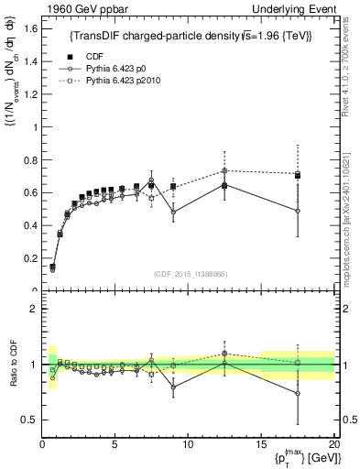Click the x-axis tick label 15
260,444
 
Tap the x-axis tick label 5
115,444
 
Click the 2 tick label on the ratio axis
34,309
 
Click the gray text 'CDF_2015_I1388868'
190,274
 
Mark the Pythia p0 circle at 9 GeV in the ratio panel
173,387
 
